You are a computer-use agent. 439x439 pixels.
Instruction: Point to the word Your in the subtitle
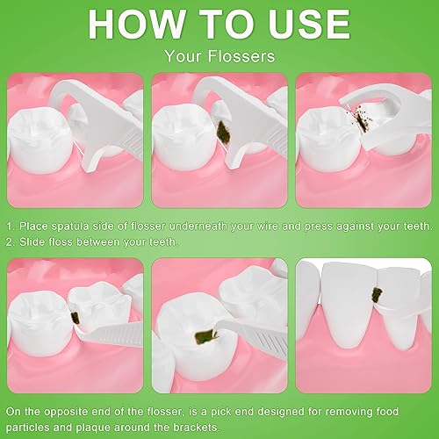(x=183, y=56)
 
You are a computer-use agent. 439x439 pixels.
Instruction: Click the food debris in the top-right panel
(x=362, y=123)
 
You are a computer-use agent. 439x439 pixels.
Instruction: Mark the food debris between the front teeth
(x=378, y=295)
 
